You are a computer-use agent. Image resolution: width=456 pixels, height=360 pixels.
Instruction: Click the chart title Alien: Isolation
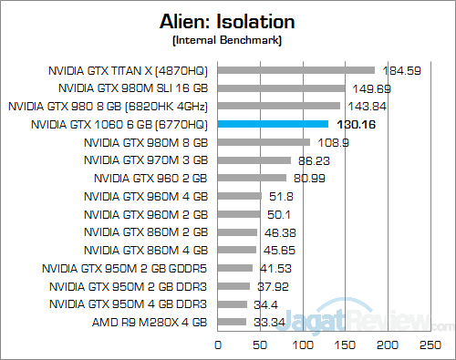click(227, 23)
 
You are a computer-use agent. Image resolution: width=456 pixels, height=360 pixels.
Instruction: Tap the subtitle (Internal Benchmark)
click(227, 42)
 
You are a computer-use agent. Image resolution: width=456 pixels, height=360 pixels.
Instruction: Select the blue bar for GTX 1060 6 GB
click(273, 124)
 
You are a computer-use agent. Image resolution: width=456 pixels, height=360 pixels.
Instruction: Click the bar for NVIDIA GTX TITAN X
click(295, 70)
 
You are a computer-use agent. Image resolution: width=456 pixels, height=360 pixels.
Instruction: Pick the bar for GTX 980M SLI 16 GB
click(281, 88)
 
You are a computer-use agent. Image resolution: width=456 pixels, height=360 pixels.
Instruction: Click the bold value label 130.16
click(355, 124)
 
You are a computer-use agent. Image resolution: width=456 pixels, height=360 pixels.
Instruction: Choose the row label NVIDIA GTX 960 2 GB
click(150, 178)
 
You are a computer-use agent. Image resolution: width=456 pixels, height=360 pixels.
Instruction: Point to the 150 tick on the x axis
click(345, 346)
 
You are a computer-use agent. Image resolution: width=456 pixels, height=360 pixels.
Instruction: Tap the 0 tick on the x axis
click(217, 346)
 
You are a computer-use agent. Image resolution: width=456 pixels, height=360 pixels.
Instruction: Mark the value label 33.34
click(268, 322)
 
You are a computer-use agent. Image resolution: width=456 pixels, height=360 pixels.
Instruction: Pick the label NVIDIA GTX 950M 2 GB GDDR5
click(126, 268)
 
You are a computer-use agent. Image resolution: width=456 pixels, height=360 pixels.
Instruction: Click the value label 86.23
click(314, 160)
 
